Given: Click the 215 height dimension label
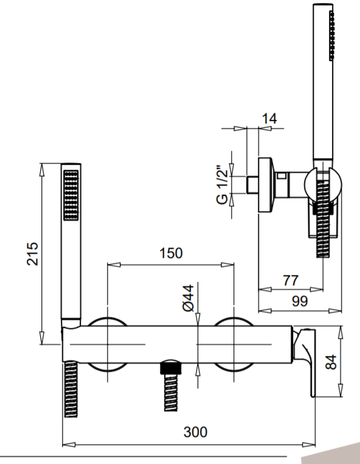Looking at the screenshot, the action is pyautogui.click(x=33, y=254).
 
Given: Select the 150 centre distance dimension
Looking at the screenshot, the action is pyautogui.click(x=171, y=254).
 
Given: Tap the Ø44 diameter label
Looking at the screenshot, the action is pyautogui.click(x=189, y=298).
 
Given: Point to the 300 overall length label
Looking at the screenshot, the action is pyautogui.click(x=195, y=432).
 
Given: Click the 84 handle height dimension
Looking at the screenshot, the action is pyautogui.click(x=331, y=362).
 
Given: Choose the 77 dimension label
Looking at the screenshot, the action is pyautogui.click(x=291, y=280).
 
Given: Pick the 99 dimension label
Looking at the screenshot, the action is pyautogui.click(x=300, y=301).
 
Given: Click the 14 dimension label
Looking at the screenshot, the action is pyautogui.click(x=269, y=119).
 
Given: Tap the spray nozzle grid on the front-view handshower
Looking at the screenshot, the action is pyautogui.click(x=71, y=195).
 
